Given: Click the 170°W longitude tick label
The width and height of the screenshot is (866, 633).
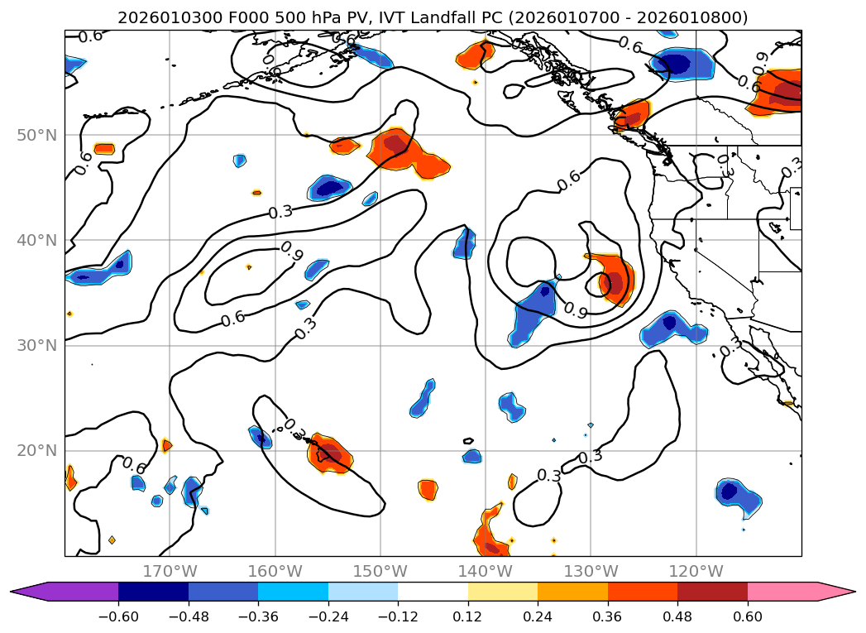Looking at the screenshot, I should click(x=170, y=571).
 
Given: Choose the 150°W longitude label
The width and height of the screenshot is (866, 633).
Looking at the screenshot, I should click(x=380, y=571).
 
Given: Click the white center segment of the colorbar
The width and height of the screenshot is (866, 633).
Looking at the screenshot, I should click(x=433, y=592).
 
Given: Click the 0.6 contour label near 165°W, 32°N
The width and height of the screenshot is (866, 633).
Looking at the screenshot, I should click(x=233, y=318).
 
